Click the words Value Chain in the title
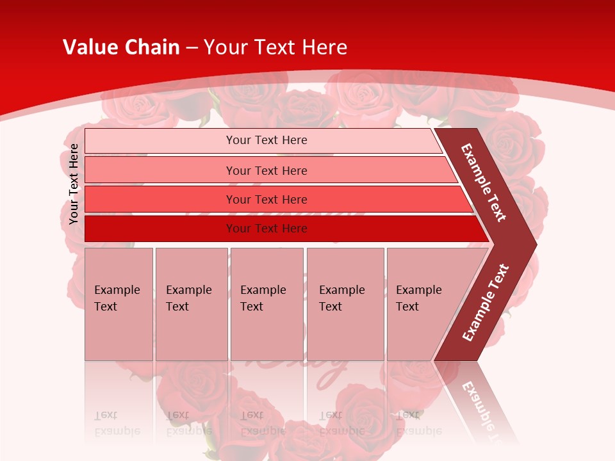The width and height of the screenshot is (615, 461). [121, 47]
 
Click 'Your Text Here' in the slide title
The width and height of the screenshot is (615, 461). [275, 47]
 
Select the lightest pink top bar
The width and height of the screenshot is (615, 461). [160, 141]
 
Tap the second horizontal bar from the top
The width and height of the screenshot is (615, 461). [160, 170]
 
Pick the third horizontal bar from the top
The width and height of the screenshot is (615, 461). [160, 200]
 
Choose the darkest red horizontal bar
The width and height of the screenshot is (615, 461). [160, 229]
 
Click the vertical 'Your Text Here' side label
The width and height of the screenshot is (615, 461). [74, 184]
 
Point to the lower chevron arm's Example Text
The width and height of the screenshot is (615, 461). [486, 303]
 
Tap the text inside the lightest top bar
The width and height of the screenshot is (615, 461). [266, 140]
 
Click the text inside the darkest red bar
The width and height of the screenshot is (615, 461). [266, 229]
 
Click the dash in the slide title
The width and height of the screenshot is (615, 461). [192, 48]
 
